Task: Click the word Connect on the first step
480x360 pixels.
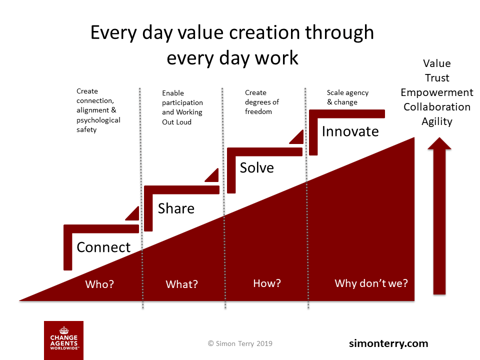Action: (x=103, y=247)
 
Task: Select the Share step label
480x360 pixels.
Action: (x=176, y=208)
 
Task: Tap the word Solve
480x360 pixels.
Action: (x=256, y=168)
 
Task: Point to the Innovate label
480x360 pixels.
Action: (x=350, y=131)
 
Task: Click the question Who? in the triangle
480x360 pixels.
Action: (x=99, y=284)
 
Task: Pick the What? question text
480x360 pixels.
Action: (x=182, y=284)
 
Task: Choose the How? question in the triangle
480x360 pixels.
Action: (x=267, y=283)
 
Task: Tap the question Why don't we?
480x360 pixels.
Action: (x=371, y=283)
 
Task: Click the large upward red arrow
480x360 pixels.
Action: (x=439, y=216)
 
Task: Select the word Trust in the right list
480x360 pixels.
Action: (x=437, y=78)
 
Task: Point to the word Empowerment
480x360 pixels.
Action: (x=437, y=92)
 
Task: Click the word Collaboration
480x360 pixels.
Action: (x=437, y=107)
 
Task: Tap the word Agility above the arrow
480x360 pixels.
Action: (x=437, y=121)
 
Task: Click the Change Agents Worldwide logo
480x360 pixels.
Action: (x=63, y=340)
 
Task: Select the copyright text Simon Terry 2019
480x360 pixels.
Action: (x=240, y=343)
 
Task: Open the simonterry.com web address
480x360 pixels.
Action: (x=388, y=343)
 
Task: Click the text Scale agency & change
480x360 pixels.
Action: (x=347, y=97)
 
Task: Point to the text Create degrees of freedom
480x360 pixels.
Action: (x=262, y=102)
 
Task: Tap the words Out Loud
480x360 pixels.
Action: (x=176, y=122)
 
